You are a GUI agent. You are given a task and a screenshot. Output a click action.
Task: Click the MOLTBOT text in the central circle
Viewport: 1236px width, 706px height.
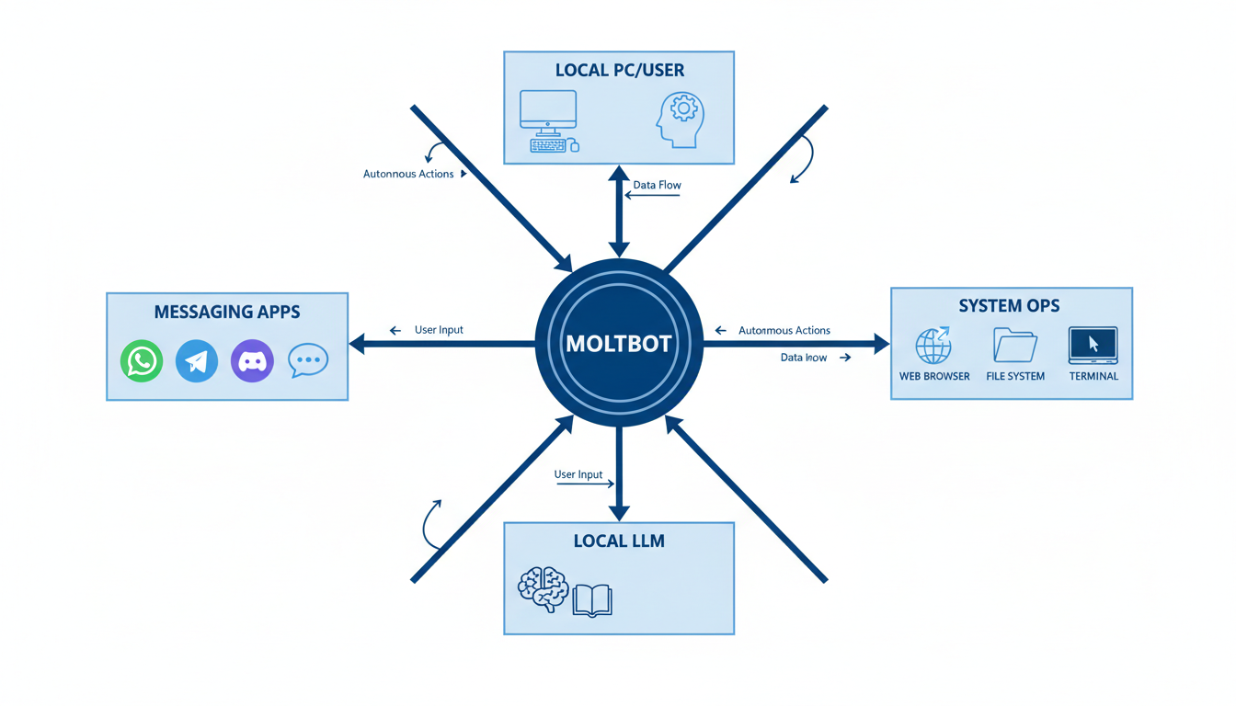pyautogui.click(x=619, y=344)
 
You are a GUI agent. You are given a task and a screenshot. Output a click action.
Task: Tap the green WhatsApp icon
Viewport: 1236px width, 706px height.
pyautogui.click(x=142, y=360)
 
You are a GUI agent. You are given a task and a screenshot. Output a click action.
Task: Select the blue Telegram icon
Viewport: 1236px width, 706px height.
pyautogui.click(x=197, y=360)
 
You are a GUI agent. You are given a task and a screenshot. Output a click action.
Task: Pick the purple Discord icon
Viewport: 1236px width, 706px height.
pyautogui.click(x=252, y=360)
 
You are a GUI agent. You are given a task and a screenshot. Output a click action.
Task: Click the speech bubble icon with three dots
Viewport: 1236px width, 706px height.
pyautogui.click(x=308, y=360)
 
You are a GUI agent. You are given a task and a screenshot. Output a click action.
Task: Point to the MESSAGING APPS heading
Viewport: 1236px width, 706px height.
pyautogui.click(x=227, y=312)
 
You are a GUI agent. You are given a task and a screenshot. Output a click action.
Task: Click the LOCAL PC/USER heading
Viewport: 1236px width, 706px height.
pyautogui.click(x=619, y=70)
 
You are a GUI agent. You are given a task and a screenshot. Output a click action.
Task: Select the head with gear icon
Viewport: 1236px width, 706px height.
pyautogui.click(x=681, y=119)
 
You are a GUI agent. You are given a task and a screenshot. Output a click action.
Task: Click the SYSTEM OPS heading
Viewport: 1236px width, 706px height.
pyautogui.click(x=1009, y=306)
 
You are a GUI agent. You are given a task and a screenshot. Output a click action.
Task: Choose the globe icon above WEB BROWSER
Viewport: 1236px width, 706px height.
pyautogui.click(x=933, y=346)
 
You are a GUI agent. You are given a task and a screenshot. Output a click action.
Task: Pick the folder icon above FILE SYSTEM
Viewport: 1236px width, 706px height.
pyautogui.click(x=1015, y=346)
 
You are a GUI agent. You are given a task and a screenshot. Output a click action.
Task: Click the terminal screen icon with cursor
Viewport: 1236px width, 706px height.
pyautogui.click(x=1093, y=346)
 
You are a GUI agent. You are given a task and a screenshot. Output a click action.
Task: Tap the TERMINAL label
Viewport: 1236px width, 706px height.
pyautogui.click(x=1093, y=376)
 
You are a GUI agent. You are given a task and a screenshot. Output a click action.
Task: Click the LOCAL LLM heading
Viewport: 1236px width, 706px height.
pyautogui.click(x=618, y=541)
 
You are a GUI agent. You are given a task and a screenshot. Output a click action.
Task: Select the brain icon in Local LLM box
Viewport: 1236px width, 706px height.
pyautogui.click(x=543, y=589)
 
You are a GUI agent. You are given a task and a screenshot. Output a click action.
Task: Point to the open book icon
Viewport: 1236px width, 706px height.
pyautogui.click(x=592, y=599)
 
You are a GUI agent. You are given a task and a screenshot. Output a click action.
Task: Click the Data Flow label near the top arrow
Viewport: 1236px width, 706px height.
pyautogui.click(x=657, y=185)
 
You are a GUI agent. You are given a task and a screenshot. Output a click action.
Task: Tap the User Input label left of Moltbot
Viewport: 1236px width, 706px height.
pyautogui.click(x=439, y=330)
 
